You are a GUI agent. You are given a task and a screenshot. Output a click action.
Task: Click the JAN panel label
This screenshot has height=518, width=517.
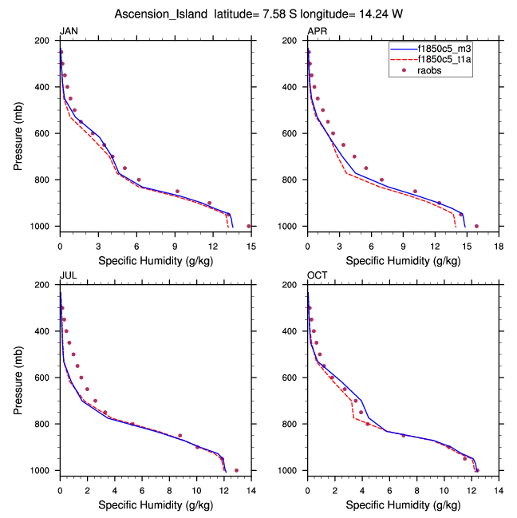[69, 31]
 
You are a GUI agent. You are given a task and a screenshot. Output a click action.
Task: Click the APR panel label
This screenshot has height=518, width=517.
[317, 31]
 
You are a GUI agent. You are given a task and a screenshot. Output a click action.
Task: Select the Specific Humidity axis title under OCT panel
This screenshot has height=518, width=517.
[403, 504]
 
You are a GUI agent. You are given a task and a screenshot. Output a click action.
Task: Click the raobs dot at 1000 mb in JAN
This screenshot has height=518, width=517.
[249, 226]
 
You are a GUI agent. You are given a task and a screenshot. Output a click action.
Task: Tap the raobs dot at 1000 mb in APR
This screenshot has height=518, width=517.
[476, 226]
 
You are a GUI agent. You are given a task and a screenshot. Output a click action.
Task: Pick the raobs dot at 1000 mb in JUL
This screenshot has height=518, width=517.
[236, 470]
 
